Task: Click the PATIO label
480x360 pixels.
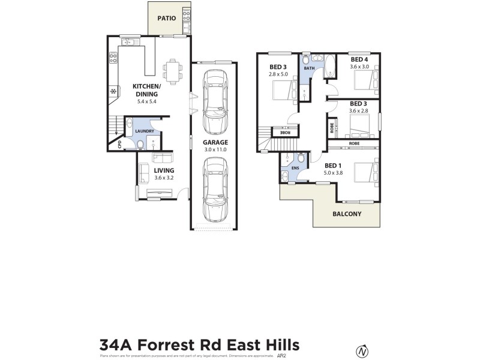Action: (167, 18)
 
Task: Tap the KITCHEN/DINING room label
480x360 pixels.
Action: (145, 90)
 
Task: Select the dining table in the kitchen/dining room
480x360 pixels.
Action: (173, 71)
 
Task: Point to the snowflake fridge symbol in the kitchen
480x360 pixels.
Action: (112, 91)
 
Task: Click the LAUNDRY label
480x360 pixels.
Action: (145, 131)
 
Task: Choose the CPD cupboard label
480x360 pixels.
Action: (120, 144)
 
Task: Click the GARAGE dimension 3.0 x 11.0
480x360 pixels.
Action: (215, 150)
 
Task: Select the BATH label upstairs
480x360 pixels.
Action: (309, 68)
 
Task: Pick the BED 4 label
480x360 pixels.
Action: (359, 59)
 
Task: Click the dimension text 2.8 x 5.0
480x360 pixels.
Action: (278, 74)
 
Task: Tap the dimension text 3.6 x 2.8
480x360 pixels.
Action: (359, 110)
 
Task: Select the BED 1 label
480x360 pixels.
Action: (334, 165)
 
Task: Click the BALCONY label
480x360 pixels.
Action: (347, 213)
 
